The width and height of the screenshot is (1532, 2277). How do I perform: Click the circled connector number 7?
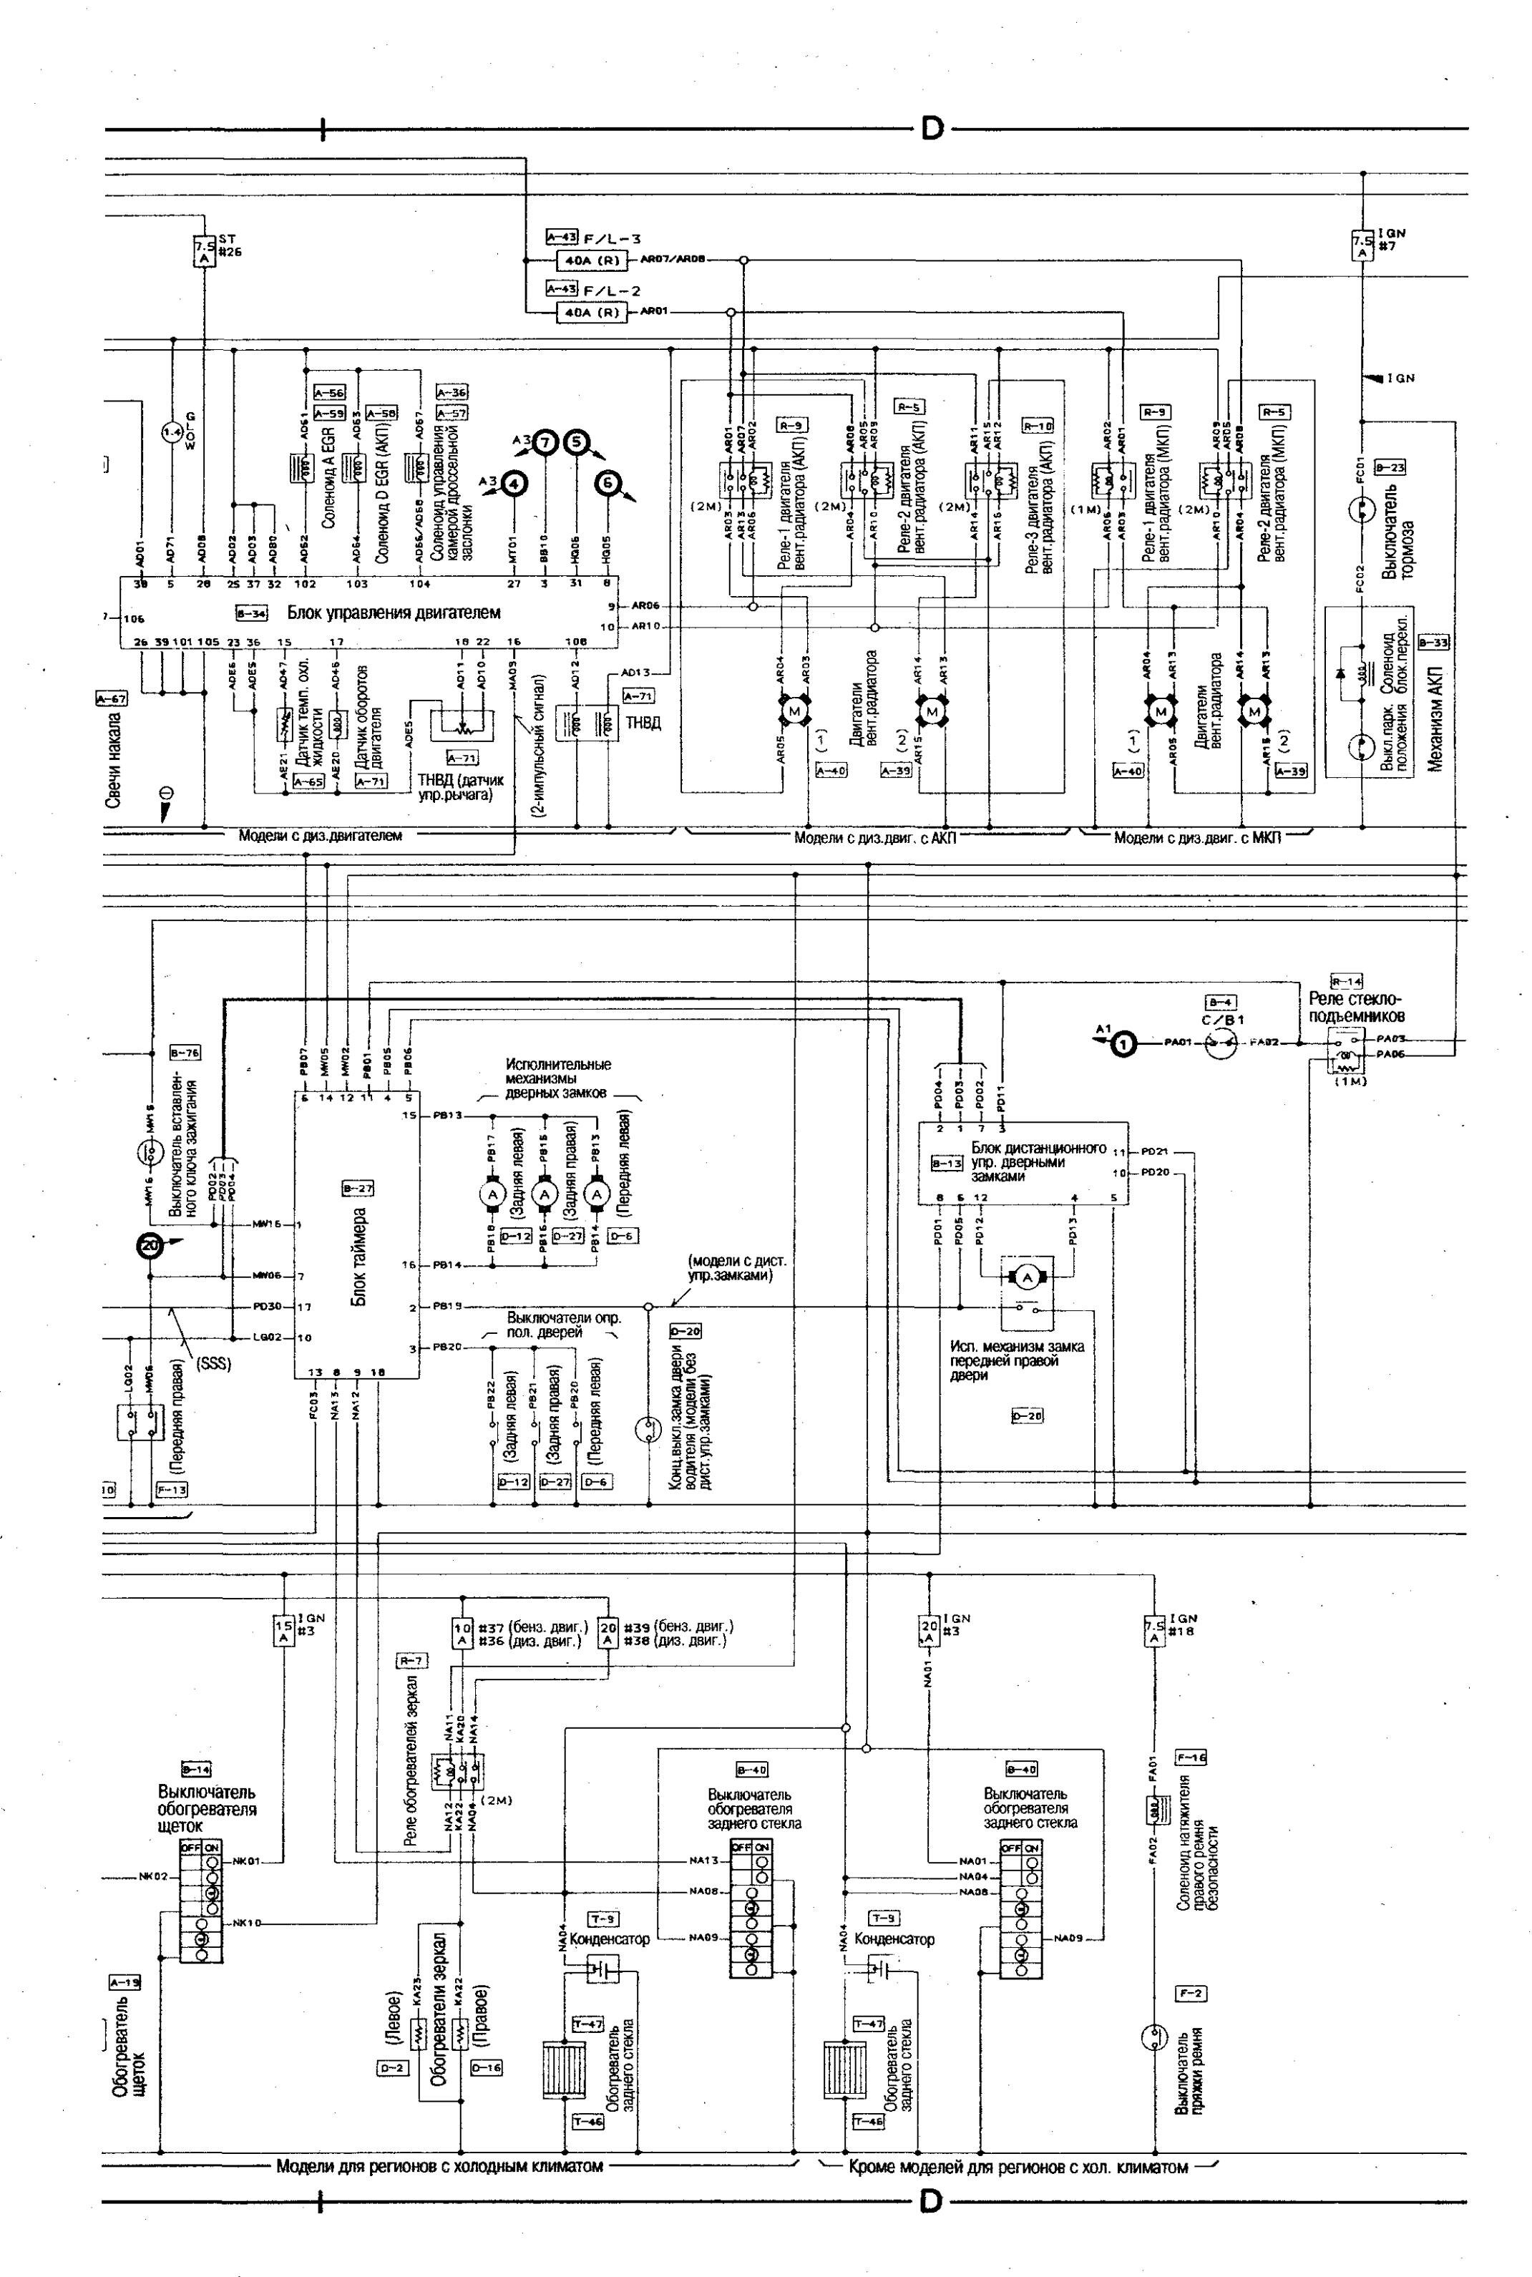545,444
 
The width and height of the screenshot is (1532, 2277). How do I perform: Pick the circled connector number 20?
150,1245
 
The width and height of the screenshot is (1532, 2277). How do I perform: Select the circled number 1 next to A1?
1125,1044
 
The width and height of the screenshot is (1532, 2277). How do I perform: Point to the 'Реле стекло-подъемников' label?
1355,1007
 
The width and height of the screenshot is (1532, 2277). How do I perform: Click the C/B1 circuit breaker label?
1221,1020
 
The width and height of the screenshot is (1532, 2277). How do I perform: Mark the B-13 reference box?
947,1164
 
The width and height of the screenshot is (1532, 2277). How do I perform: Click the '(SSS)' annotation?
215,1364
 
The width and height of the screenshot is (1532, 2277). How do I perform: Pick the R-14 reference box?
1347,982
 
